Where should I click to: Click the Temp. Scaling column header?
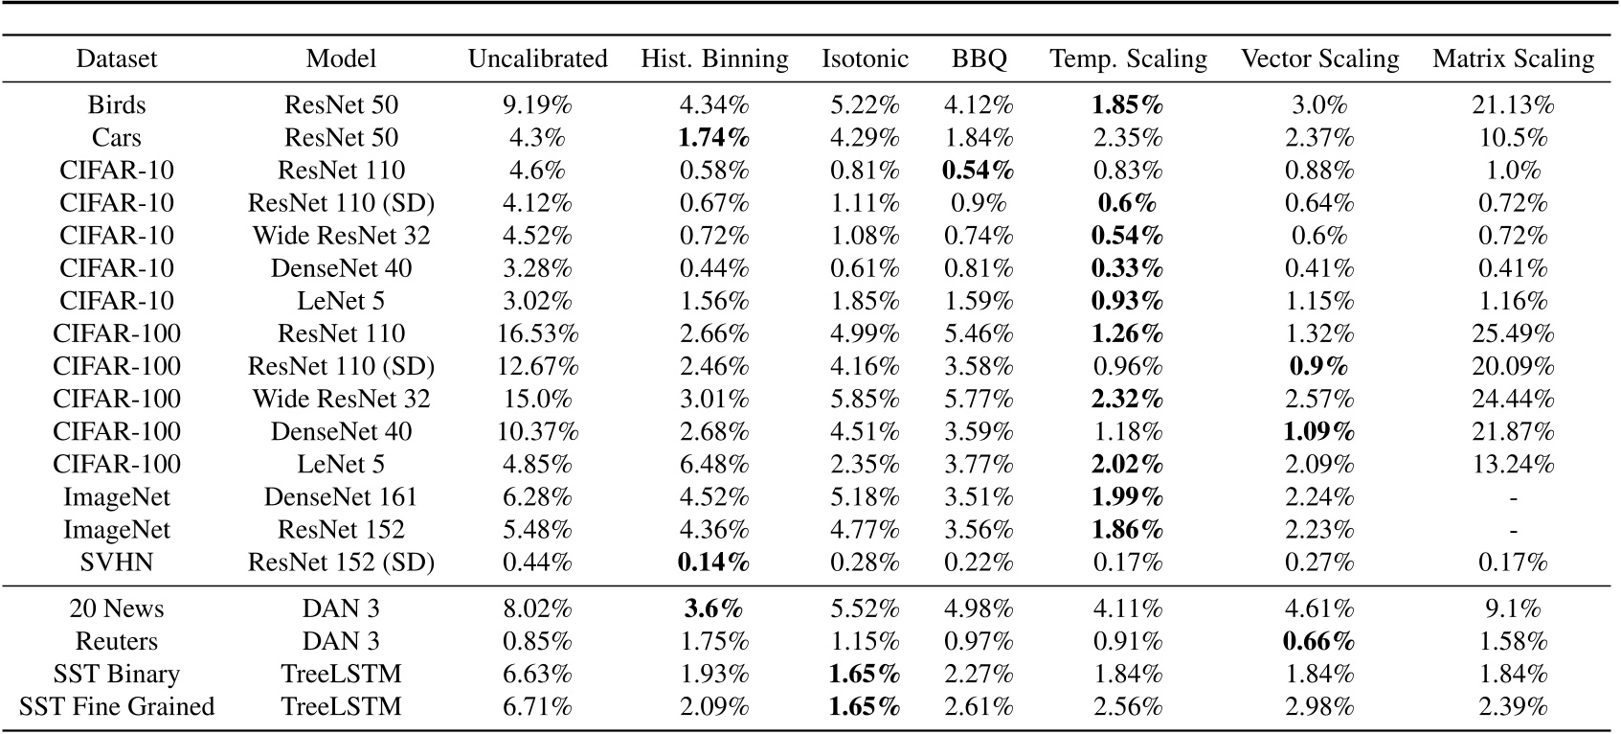click(x=1128, y=58)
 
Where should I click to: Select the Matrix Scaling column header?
click(x=1513, y=58)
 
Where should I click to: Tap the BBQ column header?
click(x=979, y=58)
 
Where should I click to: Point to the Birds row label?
click(x=117, y=104)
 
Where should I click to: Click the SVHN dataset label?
click(x=117, y=562)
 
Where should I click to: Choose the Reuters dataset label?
click(x=117, y=641)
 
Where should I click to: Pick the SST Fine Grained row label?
click(x=117, y=706)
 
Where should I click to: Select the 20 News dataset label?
click(x=117, y=608)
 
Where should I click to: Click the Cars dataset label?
click(x=117, y=137)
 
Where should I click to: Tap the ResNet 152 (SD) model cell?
click(x=341, y=562)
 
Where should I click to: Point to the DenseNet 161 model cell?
click(x=341, y=496)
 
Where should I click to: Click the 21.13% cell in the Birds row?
click(x=1513, y=104)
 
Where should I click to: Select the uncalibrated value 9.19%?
click(x=537, y=104)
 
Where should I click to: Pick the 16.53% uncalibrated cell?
click(x=537, y=333)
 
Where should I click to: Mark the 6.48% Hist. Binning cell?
click(x=714, y=464)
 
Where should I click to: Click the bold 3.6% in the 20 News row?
click(x=714, y=608)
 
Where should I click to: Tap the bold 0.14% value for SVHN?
click(x=714, y=562)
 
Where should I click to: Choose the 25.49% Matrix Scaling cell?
click(x=1513, y=333)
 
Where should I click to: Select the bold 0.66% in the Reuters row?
click(x=1319, y=641)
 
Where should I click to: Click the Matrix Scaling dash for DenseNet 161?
click(x=1513, y=497)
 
